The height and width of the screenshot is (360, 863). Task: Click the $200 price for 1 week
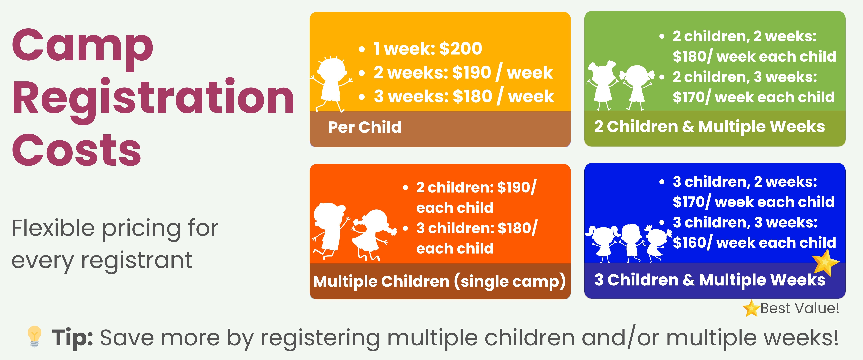pyautogui.click(x=461, y=49)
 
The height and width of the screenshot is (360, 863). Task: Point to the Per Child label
pyautogui.click(x=364, y=127)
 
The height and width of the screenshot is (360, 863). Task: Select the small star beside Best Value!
pyautogui.click(x=751, y=308)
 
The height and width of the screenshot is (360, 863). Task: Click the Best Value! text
pyautogui.click(x=800, y=308)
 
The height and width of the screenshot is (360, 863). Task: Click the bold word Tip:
pyautogui.click(x=72, y=337)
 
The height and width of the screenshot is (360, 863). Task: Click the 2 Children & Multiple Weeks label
pyautogui.click(x=709, y=127)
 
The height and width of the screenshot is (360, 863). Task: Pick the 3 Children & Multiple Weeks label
pyautogui.click(x=710, y=280)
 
